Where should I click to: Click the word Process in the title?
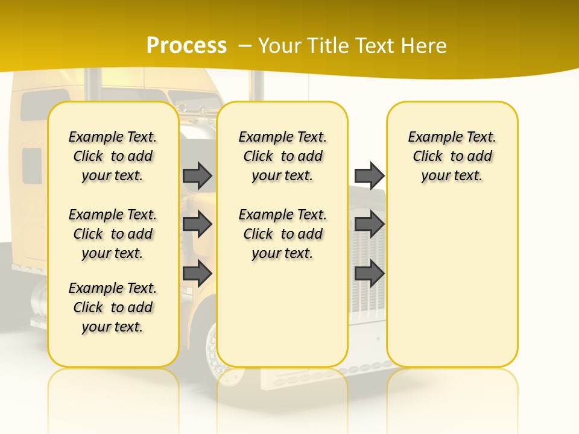pyautogui.click(x=186, y=45)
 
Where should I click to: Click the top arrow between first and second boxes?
pyautogui.click(x=197, y=175)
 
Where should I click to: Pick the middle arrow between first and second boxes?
pyautogui.click(x=197, y=224)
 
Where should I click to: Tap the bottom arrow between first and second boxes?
pyautogui.click(x=197, y=274)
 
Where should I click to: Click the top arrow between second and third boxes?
pyautogui.click(x=369, y=175)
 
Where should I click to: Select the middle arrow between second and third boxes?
pyautogui.click(x=369, y=224)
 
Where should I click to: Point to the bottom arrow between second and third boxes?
pyautogui.click(x=369, y=274)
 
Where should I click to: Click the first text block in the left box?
pyautogui.click(x=113, y=156)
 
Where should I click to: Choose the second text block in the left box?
pyautogui.click(x=113, y=234)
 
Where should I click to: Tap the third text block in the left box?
pyautogui.click(x=113, y=307)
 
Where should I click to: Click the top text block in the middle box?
pyautogui.click(x=282, y=156)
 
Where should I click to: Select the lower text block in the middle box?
pyautogui.click(x=282, y=234)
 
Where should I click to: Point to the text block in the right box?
pyautogui.click(x=452, y=156)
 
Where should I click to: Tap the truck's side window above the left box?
pyautogui.click(x=45, y=104)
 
